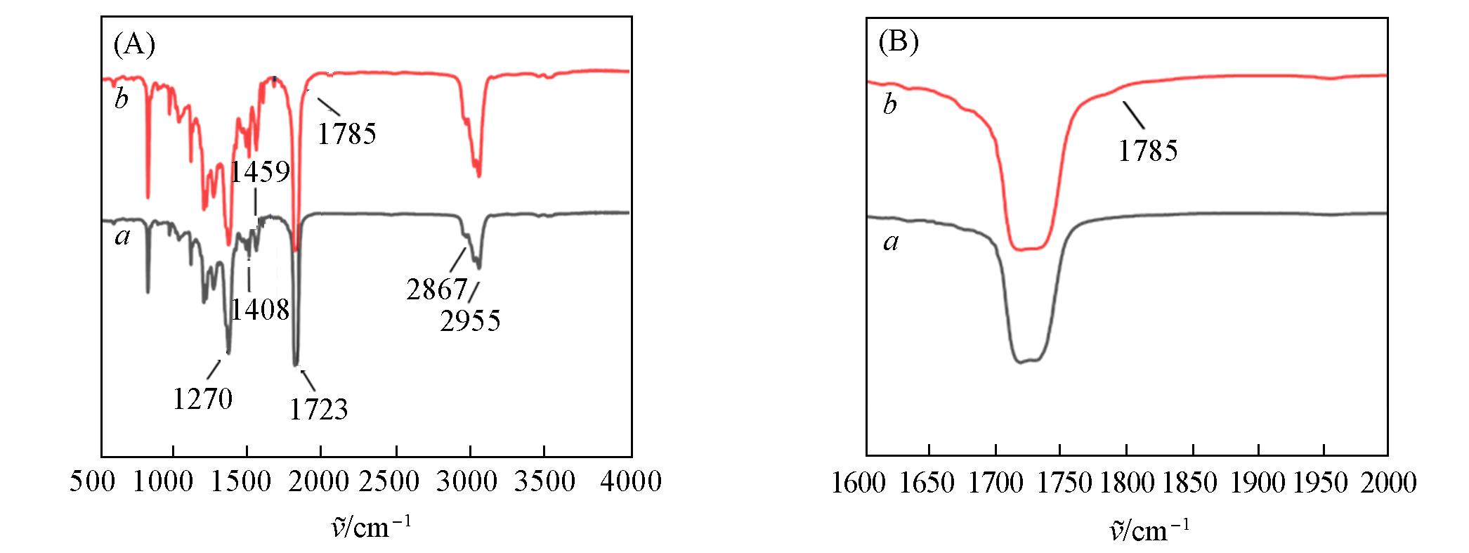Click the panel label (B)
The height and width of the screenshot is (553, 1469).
pyautogui.click(x=899, y=43)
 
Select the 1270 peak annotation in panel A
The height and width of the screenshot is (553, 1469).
pyautogui.click(x=203, y=399)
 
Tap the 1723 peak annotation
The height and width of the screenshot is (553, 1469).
pyautogui.click(x=319, y=409)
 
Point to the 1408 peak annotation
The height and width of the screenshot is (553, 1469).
pyautogui.click(x=261, y=309)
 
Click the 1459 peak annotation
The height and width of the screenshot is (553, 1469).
pyautogui.click(x=261, y=171)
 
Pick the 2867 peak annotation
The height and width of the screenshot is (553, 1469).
pyautogui.click(x=437, y=289)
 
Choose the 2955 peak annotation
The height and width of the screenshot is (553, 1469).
pyautogui.click(x=471, y=321)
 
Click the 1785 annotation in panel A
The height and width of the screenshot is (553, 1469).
pyautogui.click(x=347, y=133)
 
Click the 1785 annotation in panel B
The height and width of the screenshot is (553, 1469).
pyautogui.click(x=1148, y=150)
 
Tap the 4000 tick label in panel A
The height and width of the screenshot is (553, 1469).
pyautogui.click(x=631, y=482)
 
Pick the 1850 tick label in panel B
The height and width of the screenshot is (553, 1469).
pyautogui.click(x=1190, y=483)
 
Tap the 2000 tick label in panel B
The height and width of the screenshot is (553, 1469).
pyautogui.click(x=1388, y=483)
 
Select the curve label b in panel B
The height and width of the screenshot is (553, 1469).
pyautogui.click(x=890, y=105)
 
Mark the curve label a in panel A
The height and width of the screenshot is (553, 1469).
pyautogui.click(x=123, y=238)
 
